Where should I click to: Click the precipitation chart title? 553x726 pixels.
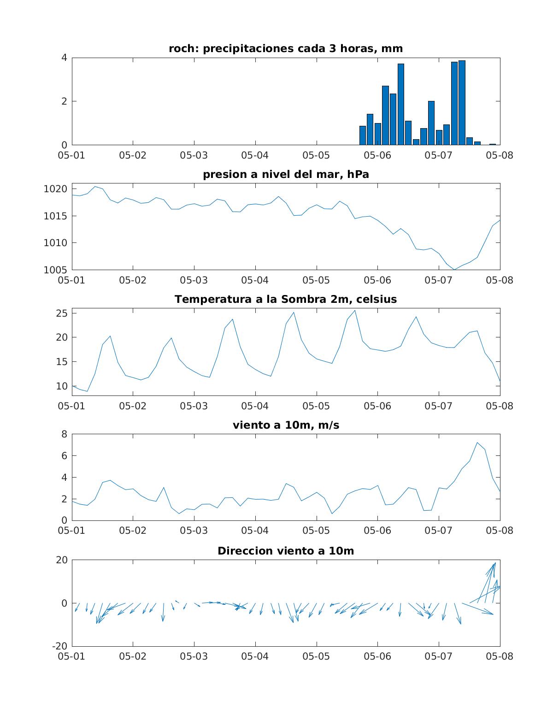coord(286,48)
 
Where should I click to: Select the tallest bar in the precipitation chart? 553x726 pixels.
coord(462,102)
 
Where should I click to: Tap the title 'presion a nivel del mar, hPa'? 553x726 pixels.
coord(286,174)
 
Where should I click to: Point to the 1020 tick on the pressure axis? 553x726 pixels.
coord(55,189)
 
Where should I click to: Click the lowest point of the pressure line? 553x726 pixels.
coord(454,270)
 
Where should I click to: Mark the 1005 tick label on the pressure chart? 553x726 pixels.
coord(55,270)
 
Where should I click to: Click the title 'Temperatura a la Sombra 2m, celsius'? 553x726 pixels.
coord(286,299)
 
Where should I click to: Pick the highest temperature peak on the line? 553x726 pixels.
coord(355,310)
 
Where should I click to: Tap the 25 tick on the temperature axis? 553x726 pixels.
coord(61,313)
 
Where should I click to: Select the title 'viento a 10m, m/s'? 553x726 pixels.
coord(286,425)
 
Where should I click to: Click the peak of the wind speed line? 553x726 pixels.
coord(477,443)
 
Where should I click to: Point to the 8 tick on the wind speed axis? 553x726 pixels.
coord(64,434)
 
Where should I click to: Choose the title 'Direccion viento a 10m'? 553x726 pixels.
coord(286,551)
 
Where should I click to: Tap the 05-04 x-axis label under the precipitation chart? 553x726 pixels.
coord(255,155)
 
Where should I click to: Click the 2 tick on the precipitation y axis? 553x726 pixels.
coord(64,101)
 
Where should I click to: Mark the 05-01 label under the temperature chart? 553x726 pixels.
coord(71,406)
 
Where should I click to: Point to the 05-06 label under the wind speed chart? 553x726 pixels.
coord(377,531)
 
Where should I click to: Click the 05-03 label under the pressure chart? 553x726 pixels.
coord(194,280)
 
